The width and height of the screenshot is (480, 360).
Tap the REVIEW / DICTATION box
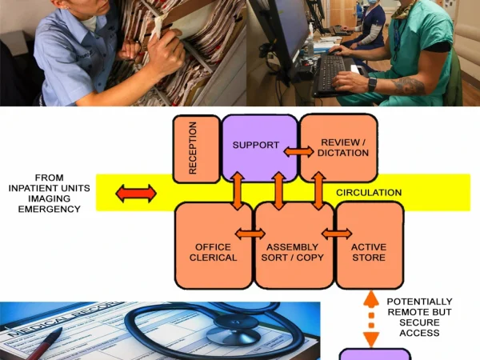tap(338, 147)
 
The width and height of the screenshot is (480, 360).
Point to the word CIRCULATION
tap(369, 193)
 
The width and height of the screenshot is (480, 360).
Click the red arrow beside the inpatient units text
tap(136, 193)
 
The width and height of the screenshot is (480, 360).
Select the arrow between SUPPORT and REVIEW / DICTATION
tap(298, 151)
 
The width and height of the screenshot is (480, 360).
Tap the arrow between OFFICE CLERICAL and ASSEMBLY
tap(250, 234)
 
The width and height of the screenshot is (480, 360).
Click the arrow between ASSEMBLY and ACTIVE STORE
tap(336, 234)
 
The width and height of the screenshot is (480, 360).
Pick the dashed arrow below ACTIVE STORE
tap(370, 318)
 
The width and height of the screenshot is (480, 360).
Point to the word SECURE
tap(419, 322)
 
